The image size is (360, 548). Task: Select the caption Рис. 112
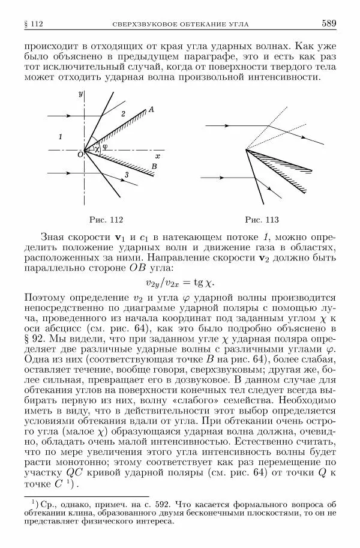coord(106,219)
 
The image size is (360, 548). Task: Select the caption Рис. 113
coord(263,219)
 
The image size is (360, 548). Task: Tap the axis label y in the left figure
coord(80,94)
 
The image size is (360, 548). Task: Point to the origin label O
coord(79,155)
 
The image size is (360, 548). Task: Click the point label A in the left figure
coord(151,109)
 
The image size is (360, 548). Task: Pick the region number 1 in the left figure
coord(60,137)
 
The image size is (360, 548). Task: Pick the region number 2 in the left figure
coord(123,113)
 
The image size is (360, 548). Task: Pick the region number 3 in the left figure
coord(126,174)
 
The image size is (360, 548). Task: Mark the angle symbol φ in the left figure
coord(104,146)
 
